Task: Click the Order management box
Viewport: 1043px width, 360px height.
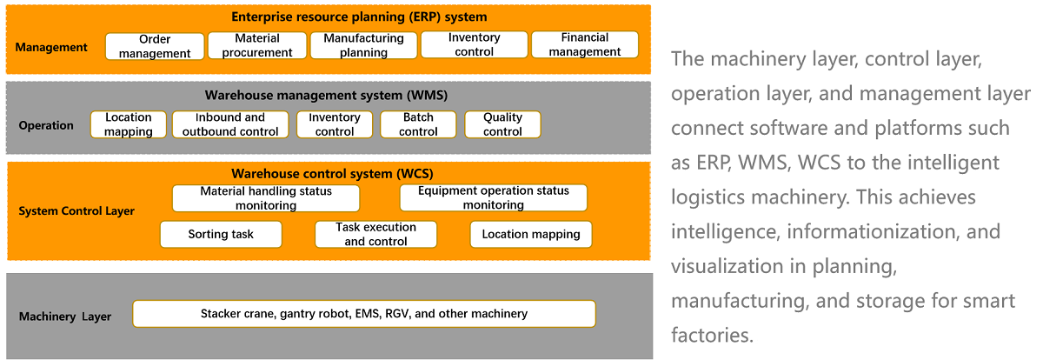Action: (x=155, y=46)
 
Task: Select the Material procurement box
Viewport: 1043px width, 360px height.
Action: (x=257, y=45)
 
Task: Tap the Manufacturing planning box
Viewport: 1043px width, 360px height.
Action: (x=363, y=45)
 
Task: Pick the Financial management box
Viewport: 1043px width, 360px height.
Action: (x=585, y=44)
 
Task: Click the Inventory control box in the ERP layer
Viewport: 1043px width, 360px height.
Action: (x=474, y=44)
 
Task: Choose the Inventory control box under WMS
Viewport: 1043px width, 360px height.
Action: (x=335, y=124)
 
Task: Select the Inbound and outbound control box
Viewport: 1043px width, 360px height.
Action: (x=230, y=124)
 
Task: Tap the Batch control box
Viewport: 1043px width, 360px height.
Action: (x=418, y=124)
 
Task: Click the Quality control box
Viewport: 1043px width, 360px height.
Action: (x=502, y=124)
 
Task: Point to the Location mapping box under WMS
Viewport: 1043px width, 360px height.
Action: (x=128, y=124)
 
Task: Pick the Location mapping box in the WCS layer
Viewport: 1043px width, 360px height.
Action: (x=531, y=234)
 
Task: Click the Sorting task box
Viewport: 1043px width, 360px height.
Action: (x=221, y=234)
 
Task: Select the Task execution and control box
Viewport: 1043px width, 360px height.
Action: (x=375, y=234)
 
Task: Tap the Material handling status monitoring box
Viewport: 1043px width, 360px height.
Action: (x=266, y=198)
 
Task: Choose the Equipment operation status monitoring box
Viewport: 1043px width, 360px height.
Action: (x=494, y=197)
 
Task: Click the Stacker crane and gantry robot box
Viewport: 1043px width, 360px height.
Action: (x=364, y=314)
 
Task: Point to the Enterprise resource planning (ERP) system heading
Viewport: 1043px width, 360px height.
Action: (x=359, y=17)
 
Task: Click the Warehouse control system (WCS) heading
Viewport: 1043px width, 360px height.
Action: (x=332, y=174)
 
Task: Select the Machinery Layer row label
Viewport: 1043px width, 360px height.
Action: (x=64, y=317)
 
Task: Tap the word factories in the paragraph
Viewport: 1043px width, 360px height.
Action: (x=712, y=335)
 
